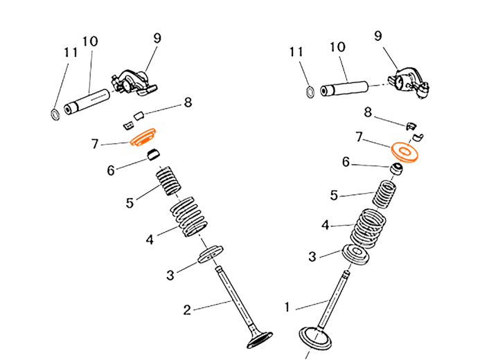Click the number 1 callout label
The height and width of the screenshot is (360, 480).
[287, 307]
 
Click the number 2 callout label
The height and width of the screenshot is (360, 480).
[187, 310]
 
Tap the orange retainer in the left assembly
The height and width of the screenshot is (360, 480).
[143, 138]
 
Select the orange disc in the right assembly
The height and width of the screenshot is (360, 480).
[405, 152]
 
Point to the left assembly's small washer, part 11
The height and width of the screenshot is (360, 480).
[55, 114]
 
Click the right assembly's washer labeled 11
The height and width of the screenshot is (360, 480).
[310, 92]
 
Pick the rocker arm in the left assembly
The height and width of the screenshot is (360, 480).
[133, 83]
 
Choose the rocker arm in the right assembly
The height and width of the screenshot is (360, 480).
[409, 83]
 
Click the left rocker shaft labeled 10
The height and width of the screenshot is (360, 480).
[87, 102]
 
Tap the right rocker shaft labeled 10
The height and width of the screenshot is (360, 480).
[344, 89]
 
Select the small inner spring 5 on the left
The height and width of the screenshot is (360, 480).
[168, 181]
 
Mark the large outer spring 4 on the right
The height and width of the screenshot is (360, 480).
[368, 228]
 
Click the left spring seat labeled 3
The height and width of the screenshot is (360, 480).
[211, 253]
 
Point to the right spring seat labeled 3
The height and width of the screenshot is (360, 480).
[355, 255]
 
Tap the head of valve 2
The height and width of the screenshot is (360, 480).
[260, 340]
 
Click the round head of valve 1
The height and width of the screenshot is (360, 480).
[315, 339]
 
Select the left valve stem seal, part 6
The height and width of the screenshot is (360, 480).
[154, 155]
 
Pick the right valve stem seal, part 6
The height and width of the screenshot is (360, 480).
[396, 170]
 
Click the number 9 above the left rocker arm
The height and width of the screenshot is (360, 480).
[157, 38]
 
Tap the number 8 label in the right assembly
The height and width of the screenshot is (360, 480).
[368, 113]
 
